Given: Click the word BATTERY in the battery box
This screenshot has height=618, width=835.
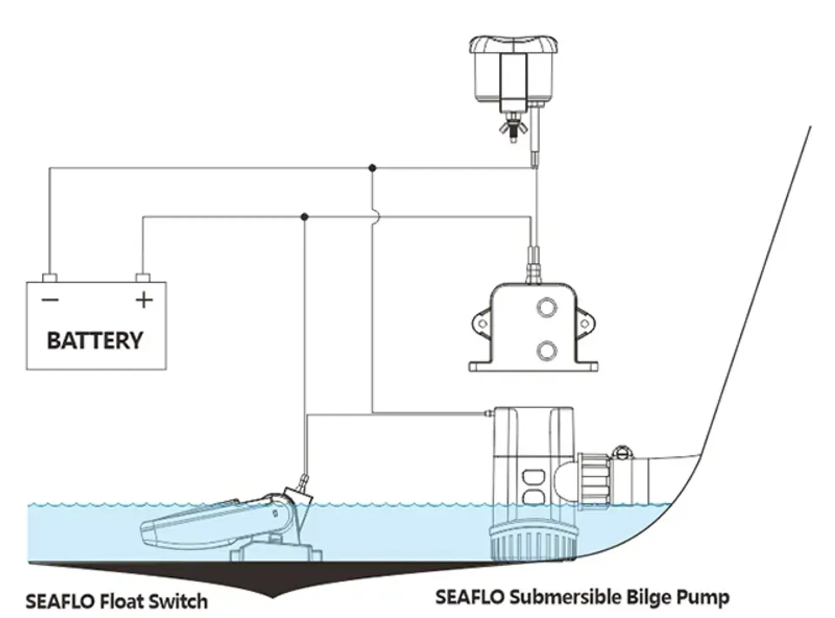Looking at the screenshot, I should [x=95, y=340].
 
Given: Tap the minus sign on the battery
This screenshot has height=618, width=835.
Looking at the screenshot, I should [x=50, y=300].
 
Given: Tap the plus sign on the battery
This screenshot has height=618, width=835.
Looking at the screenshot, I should [x=144, y=300].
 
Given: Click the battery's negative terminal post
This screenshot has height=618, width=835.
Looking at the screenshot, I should [x=50, y=278].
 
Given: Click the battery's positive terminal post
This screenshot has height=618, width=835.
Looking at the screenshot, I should [x=143, y=278].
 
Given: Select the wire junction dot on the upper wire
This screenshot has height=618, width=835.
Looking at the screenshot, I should [x=372, y=168].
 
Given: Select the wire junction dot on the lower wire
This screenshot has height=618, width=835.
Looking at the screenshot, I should [x=304, y=216].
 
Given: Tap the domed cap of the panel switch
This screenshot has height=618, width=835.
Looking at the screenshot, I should [x=513, y=45].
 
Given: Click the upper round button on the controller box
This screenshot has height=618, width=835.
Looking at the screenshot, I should [x=547, y=307].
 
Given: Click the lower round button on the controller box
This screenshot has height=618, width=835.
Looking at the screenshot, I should [x=547, y=350].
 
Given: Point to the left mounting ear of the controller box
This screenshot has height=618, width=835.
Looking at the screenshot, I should [x=481, y=323].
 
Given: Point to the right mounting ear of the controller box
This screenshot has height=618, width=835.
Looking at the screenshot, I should [x=585, y=323].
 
